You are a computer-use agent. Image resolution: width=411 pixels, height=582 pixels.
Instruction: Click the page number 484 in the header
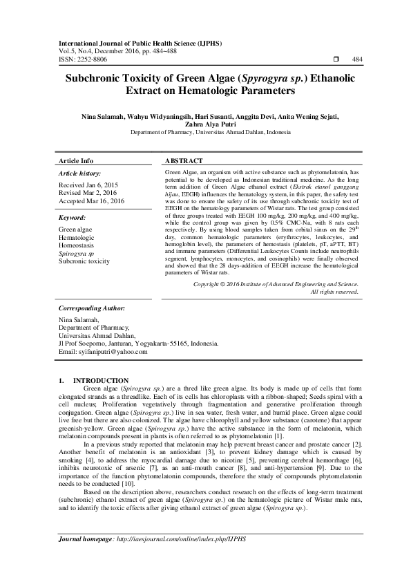tap(358, 60)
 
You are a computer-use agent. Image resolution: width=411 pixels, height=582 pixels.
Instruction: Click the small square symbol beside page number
tap(335, 60)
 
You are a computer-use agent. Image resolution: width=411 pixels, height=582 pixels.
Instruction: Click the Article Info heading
tap(73, 160)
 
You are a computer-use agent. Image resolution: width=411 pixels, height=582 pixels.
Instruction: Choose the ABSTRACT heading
tap(186, 160)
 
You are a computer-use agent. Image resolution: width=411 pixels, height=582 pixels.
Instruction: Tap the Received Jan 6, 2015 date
tap(87, 186)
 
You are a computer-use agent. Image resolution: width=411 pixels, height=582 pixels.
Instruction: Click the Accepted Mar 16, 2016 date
tap(91, 201)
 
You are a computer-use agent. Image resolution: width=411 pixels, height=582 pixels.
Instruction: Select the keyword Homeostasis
tap(77, 245)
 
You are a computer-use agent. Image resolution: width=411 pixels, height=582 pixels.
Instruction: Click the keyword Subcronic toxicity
tap(84, 261)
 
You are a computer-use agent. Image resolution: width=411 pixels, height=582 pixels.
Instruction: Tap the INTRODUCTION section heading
tap(101, 380)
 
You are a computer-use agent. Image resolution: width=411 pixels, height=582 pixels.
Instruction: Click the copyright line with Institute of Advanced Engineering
tap(266, 303)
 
